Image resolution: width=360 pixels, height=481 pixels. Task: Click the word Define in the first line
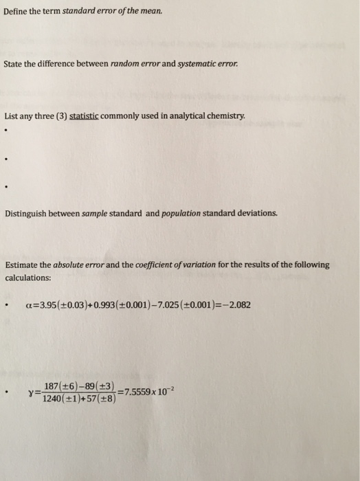click(x=16, y=10)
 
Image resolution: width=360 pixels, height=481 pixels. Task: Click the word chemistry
click(x=225, y=117)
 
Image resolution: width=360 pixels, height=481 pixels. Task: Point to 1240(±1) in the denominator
click(x=61, y=399)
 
